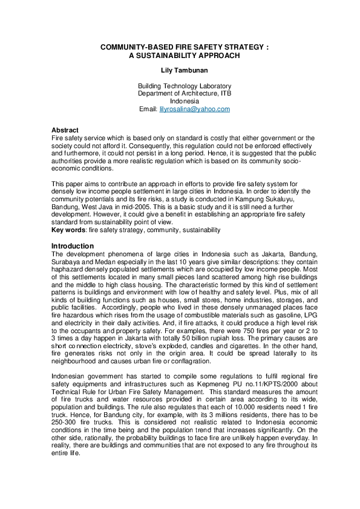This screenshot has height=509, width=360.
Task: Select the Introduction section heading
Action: click(x=73, y=246)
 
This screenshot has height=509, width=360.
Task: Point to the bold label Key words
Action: click(x=68, y=230)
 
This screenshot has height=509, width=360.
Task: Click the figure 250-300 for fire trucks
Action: click(x=64, y=422)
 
